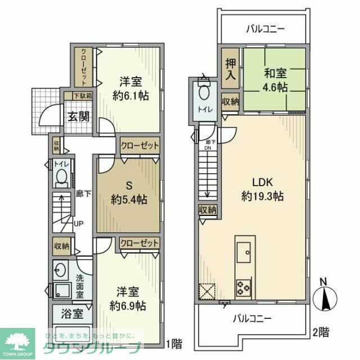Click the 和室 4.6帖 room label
[274, 80]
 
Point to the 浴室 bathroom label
[66, 313]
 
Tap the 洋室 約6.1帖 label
[130, 88]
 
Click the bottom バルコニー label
[253, 318]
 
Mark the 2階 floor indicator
[321, 332]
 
